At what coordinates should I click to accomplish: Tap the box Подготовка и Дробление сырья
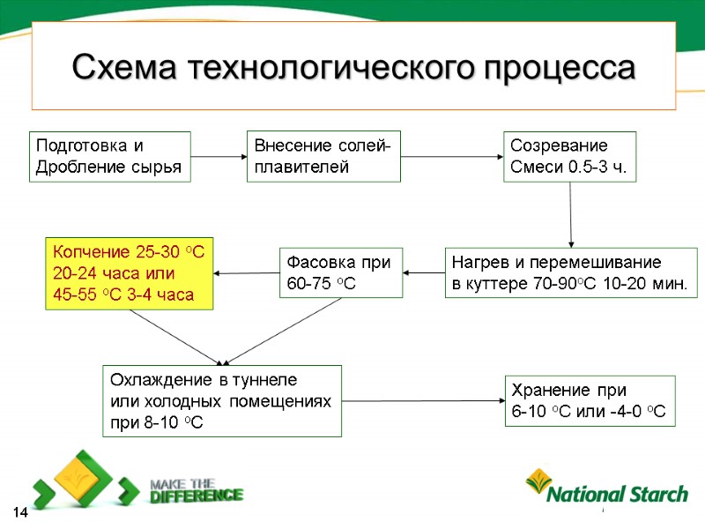pyautogui.click(x=109, y=156)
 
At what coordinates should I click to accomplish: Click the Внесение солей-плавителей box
pyautogui.click(x=323, y=156)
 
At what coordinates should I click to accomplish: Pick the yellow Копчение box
pyautogui.click(x=130, y=272)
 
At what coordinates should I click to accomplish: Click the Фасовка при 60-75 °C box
pyautogui.click(x=340, y=272)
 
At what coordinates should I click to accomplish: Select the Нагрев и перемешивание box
pyautogui.click(x=570, y=272)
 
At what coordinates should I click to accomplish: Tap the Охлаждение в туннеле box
pyautogui.click(x=221, y=400)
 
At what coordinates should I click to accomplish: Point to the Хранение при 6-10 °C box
pyautogui.click(x=589, y=401)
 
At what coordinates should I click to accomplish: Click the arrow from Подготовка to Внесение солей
pyautogui.click(x=219, y=157)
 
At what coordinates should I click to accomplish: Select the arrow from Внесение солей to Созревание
pyautogui.click(x=451, y=157)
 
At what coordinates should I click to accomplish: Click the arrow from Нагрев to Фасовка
pyautogui.click(x=424, y=272)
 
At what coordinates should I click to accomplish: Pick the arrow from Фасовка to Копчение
pyautogui.click(x=247, y=272)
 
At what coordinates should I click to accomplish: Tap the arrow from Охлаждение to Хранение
pyautogui.click(x=423, y=401)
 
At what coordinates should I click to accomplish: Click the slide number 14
pyautogui.click(x=19, y=512)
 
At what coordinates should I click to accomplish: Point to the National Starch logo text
pyautogui.click(x=617, y=495)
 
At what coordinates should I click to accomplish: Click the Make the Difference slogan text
pyautogui.click(x=195, y=489)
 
